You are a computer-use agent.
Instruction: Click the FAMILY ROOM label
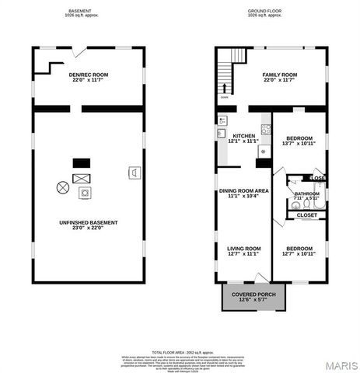(280, 75)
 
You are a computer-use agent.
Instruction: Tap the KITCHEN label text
(239, 136)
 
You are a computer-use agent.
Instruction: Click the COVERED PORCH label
(253, 296)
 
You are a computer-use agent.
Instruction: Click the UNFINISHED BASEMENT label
(88, 223)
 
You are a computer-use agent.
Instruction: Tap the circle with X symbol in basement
(62, 186)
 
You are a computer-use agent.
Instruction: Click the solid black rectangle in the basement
(82, 163)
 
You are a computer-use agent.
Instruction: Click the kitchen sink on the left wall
(222, 121)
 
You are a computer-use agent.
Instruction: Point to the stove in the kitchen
(266, 130)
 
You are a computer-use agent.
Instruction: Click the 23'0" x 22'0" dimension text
(88, 228)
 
